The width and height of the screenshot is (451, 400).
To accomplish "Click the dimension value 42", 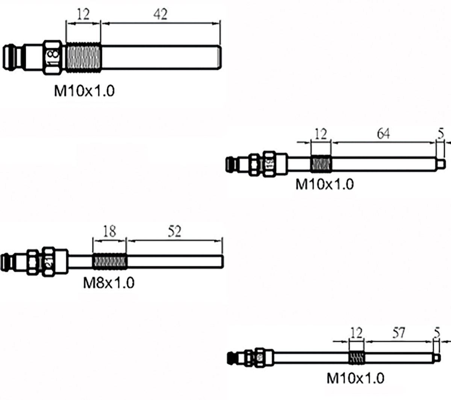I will tap(160, 15).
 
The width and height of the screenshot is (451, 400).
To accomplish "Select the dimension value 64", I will tap(383, 134).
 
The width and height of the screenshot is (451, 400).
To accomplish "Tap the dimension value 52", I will tap(174, 231).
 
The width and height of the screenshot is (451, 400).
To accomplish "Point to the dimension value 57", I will tap(398, 332).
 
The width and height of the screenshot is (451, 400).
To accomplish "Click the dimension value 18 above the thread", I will tap(109, 231).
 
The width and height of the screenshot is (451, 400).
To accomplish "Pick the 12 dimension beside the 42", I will tap(83, 15).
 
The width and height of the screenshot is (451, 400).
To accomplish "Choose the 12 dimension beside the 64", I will tap(321, 134).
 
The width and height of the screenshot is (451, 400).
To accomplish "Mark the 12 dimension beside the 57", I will tap(356, 332).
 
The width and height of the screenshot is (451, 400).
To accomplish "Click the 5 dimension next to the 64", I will tap(441, 134).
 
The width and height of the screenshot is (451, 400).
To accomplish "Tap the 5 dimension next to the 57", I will tap(436, 332).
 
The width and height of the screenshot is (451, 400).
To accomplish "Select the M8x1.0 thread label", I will tap(109, 283).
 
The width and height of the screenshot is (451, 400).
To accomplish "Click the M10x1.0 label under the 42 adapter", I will tap(84, 91).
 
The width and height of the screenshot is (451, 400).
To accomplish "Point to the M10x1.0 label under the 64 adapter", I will tap(325, 184).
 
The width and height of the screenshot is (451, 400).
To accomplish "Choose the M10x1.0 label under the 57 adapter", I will tap(356, 378).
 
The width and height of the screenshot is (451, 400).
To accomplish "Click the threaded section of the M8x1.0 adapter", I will tap(109, 261).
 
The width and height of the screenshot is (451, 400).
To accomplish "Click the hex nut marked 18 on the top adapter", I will tap(52, 57).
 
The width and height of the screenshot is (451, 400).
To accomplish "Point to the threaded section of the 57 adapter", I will tap(357, 358).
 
